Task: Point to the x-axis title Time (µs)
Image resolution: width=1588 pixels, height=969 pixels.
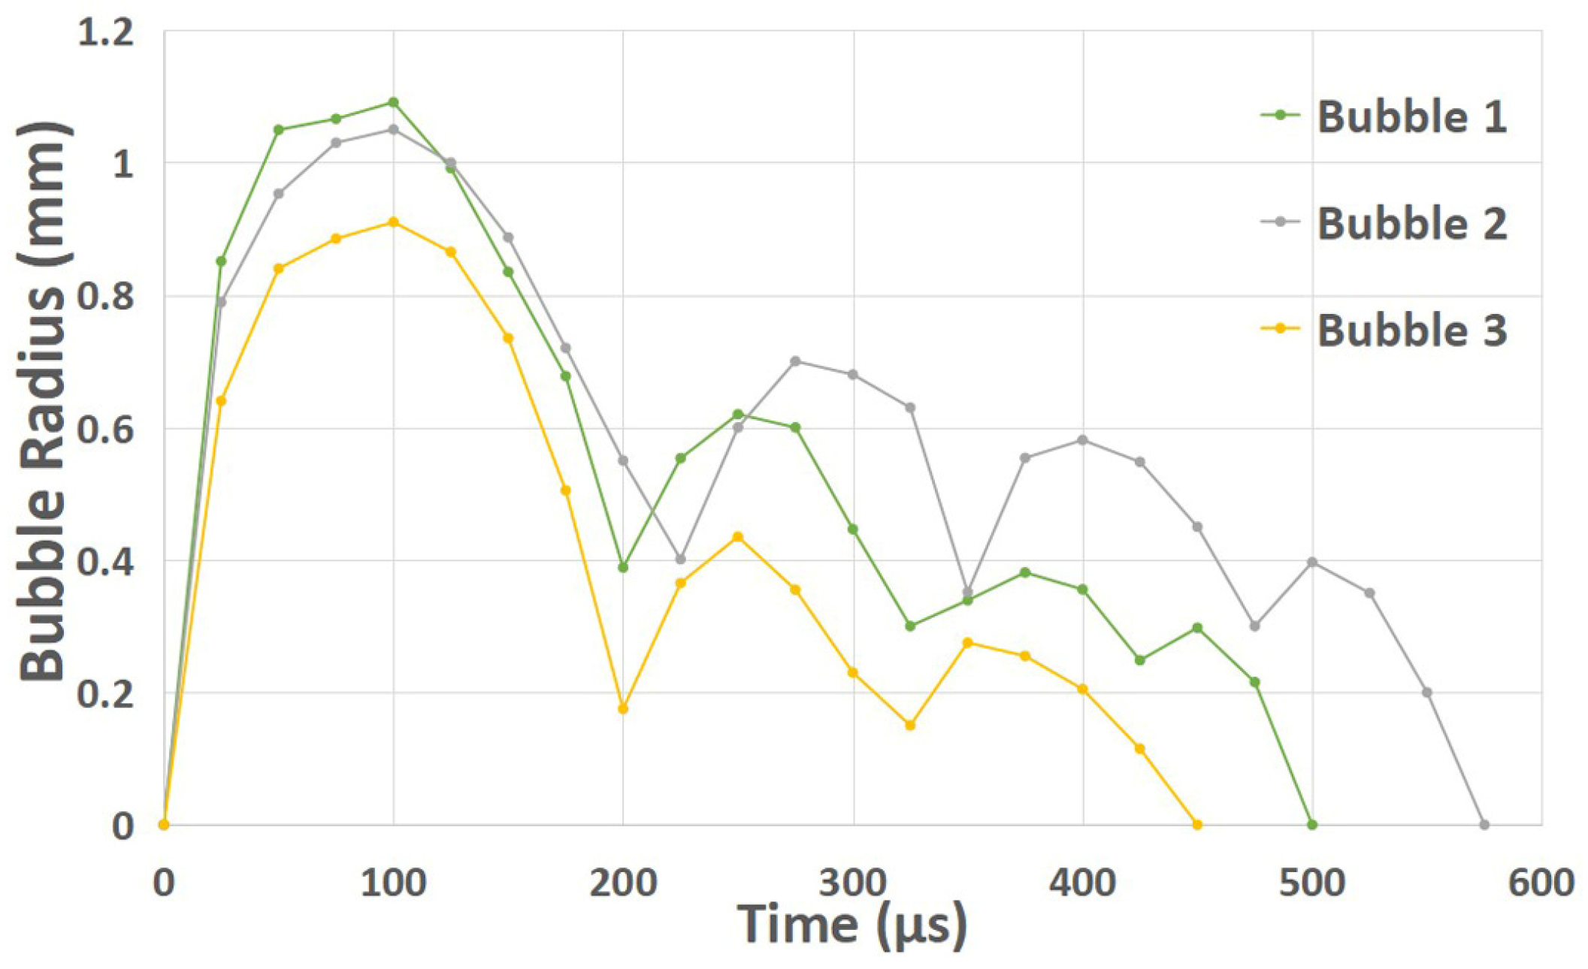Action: (x=851, y=924)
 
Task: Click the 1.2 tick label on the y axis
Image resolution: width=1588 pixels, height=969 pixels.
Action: (x=106, y=34)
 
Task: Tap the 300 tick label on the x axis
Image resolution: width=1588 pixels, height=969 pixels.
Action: (x=852, y=883)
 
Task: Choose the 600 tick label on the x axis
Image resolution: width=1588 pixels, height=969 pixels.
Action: (x=1541, y=883)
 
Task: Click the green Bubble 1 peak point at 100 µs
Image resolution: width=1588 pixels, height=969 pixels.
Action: (x=393, y=102)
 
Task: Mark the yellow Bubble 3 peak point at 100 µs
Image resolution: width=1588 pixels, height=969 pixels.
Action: (x=393, y=222)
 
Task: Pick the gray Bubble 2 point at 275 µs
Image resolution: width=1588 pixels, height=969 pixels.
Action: (x=795, y=361)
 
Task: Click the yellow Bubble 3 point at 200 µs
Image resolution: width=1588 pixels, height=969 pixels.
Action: (x=623, y=708)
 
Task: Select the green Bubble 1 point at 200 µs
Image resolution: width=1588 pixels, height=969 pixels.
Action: (x=623, y=568)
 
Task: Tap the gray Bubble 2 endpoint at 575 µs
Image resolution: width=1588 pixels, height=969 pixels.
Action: (x=1484, y=825)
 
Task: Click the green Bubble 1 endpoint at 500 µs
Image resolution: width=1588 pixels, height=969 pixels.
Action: (x=1312, y=825)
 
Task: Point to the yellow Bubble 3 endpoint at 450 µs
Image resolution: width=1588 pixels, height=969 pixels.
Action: (x=1197, y=825)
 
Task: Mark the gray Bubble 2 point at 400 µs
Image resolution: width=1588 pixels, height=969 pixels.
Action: (x=1082, y=440)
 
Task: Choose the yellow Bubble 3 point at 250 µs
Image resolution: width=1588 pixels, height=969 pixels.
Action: (x=738, y=537)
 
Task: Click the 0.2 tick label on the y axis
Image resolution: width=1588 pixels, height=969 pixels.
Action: (x=106, y=693)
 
